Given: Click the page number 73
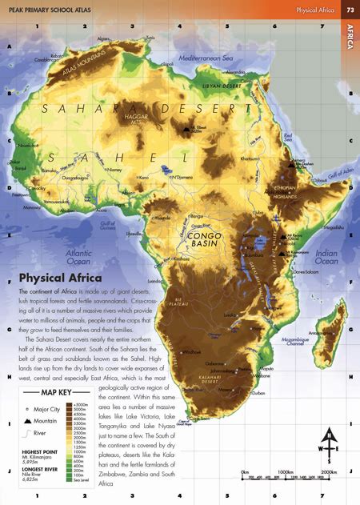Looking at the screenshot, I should pyautogui.click(x=350, y=10).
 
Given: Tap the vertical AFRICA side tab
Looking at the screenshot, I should pyautogui.click(x=350, y=35).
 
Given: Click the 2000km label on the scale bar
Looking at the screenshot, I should pyautogui.click(x=329, y=472).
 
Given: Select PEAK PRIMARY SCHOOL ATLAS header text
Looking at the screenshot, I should pyautogui.click(x=53, y=10).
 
